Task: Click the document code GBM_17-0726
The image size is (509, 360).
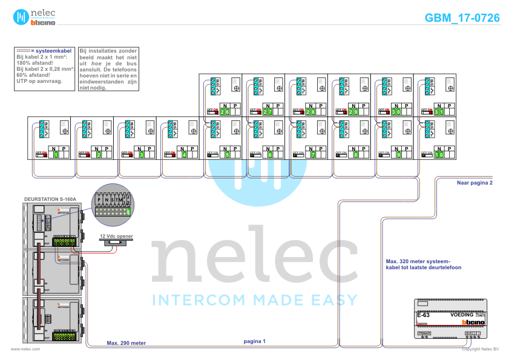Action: (x=462, y=18)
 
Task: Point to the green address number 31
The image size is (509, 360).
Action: (x=439, y=112)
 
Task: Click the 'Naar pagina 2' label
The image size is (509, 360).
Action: (x=475, y=182)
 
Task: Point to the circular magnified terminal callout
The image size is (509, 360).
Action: (x=112, y=203)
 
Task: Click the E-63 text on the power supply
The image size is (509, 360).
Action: (x=423, y=315)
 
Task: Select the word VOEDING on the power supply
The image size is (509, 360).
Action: (x=462, y=315)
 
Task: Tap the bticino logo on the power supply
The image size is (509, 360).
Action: (x=473, y=322)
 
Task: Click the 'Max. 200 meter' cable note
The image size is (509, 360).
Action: (x=126, y=343)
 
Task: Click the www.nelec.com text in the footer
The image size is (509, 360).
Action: (x=25, y=349)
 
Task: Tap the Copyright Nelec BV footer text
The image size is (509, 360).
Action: (x=480, y=349)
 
